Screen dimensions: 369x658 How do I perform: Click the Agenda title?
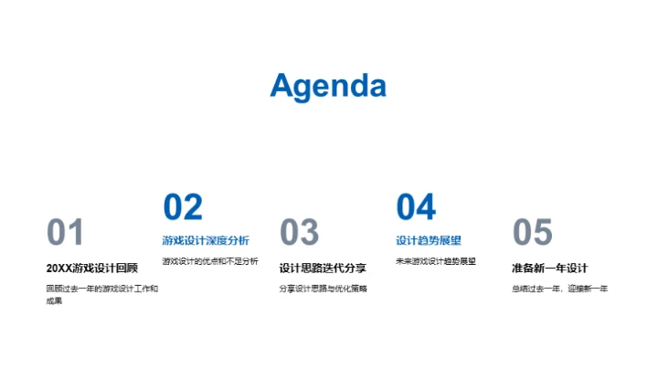pos(328,85)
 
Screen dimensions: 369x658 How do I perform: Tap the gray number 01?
pos(65,233)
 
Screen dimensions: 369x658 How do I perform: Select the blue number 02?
pos(183,207)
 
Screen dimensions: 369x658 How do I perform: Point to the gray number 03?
pos(299,233)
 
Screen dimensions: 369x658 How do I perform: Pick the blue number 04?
pos(416,207)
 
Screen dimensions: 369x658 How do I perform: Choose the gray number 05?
pos(533,233)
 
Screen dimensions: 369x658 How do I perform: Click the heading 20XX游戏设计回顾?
pos(91,268)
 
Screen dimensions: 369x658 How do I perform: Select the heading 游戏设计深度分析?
pos(206,241)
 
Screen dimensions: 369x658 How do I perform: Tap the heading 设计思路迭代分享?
pos(323,268)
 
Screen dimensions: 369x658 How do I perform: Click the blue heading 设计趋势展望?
pos(429,241)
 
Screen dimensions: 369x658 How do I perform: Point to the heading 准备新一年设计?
pos(549,268)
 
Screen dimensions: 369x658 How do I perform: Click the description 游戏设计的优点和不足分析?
pos(210,261)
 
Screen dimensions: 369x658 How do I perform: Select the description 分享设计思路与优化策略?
pos(323,289)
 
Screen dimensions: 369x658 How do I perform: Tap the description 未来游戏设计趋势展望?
pos(436,261)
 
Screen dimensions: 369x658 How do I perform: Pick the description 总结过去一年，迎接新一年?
pos(559,289)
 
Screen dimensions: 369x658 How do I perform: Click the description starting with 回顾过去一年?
pos(101,289)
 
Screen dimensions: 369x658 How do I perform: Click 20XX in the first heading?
pos(58,268)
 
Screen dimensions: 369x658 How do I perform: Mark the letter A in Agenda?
pos(281,85)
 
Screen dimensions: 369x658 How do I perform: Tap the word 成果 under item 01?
pos(54,300)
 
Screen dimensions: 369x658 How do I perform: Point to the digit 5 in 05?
pos(543,233)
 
